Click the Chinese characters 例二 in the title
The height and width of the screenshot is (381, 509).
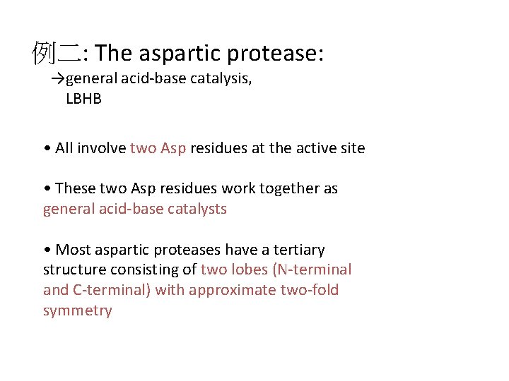(x=56, y=53)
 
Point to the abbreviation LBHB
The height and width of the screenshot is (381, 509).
(x=83, y=99)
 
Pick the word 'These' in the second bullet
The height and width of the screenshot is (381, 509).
(x=74, y=188)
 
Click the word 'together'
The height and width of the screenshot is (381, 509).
(x=291, y=188)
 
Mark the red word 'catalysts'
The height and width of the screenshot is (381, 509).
(x=196, y=209)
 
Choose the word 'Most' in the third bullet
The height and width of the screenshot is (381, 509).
(x=72, y=250)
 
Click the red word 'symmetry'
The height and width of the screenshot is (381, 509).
(x=78, y=310)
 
